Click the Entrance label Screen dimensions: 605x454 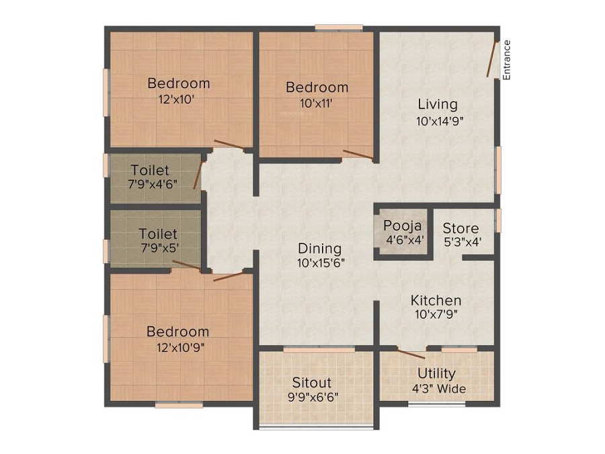[x=507, y=60]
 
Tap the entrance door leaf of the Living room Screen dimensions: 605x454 [x=491, y=59]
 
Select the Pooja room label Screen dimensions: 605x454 [x=403, y=225]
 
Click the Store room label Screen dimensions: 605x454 [x=460, y=228]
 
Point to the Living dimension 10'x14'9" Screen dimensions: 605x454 [x=440, y=121]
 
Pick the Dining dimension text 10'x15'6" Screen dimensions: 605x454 [x=321, y=263]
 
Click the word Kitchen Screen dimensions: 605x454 [x=436, y=300]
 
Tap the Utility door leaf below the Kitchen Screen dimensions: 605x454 [x=411, y=354]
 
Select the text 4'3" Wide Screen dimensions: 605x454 [x=439, y=389]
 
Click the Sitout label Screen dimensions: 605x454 [x=312, y=382]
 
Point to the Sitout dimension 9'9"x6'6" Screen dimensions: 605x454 [x=313, y=397]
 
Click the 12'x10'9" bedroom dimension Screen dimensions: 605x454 [x=180, y=348]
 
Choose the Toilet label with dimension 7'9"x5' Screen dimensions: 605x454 [x=158, y=233]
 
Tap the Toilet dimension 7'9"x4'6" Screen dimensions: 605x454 [x=153, y=184]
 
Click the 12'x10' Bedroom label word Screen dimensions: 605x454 [x=179, y=83]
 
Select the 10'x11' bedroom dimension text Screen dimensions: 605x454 [x=317, y=104]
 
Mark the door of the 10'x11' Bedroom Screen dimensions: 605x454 [x=358, y=155]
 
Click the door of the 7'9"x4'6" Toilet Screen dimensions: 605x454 [x=198, y=176]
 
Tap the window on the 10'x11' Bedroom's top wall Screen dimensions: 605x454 [x=339, y=28]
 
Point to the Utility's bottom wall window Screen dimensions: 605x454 [x=437, y=404]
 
